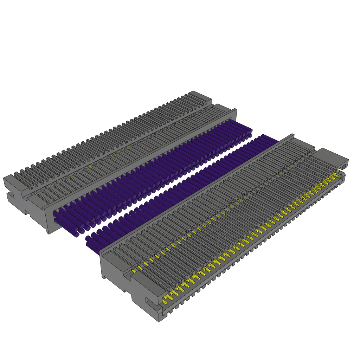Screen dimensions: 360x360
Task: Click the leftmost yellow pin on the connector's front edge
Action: [x=165, y=302]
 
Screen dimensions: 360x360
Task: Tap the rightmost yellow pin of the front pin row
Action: [x=338, y=171]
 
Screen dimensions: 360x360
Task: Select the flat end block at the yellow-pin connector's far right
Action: [x=330, y=157]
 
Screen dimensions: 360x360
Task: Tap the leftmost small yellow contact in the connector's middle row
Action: [x=134, y=271]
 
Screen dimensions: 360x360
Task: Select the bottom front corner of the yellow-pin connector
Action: [x=159, y=321]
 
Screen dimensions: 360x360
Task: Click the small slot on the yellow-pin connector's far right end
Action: [x=344, y=166]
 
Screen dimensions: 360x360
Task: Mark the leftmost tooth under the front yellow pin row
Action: [x=171, y=311]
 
